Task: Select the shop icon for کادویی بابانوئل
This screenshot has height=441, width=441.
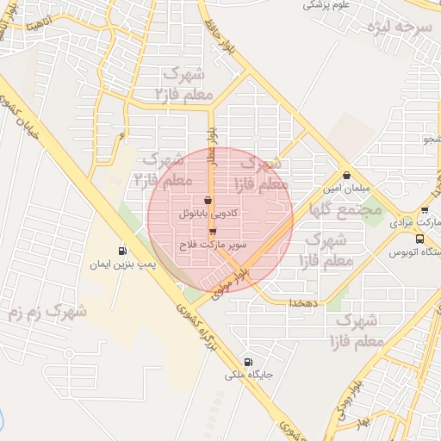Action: (x=208, y=199)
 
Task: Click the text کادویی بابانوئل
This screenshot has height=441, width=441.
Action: (x=208, y=212)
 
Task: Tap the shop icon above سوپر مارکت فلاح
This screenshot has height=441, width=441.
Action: (x=212, y=232)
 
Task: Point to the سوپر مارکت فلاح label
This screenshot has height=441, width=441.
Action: (x=213, y=245)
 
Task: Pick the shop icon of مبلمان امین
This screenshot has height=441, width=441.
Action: (x=346, y=175)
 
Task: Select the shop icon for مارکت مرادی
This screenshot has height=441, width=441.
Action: (x=425, y=210)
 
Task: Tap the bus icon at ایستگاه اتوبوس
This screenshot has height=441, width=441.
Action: (x=419, y=239)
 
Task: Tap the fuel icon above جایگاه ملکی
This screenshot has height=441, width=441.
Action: (x=249, y=363)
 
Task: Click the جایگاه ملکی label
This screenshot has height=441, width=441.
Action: (x=249, y=376)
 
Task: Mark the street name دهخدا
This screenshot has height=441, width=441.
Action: (x=305, y=303)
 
